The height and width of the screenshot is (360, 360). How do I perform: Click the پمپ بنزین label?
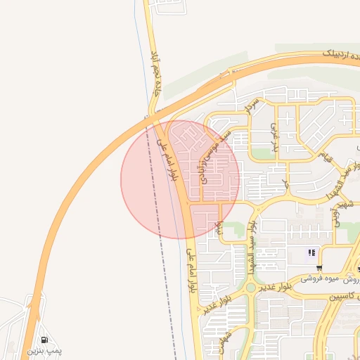point(45,350)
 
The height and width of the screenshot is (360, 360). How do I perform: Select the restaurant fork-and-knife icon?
point(311,253)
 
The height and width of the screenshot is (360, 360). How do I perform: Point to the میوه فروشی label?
point(321,278)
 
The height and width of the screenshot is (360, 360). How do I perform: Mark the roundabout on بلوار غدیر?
point(251,287)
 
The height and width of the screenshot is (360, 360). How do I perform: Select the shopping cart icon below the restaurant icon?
point(320,267)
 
